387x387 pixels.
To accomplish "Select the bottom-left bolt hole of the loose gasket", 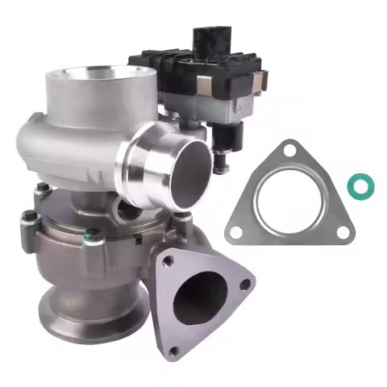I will click(235, 231).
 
